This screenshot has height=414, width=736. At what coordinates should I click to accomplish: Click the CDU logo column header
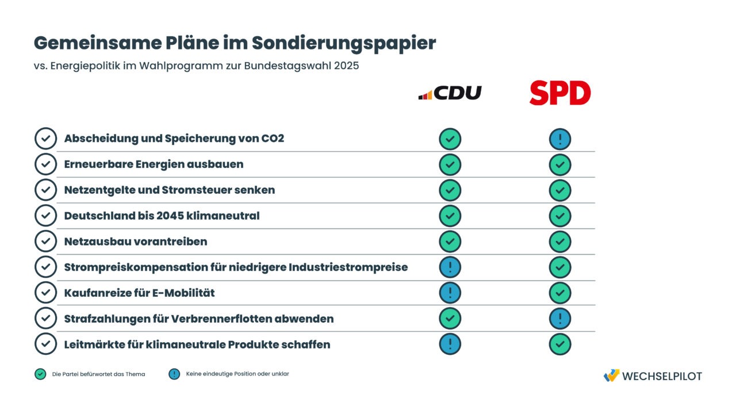click(x=450, y=93)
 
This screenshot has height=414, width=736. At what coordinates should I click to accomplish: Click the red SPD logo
click(x=559, y=93)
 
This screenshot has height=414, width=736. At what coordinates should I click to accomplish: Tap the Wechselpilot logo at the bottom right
click(x=653, y=376)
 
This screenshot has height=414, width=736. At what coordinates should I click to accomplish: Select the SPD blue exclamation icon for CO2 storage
click(x=559, y=139)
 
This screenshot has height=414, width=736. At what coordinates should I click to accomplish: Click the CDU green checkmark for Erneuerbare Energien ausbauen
click(x=450, y=164)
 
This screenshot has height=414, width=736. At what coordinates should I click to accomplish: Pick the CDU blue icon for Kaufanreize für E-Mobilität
click(x=450, y=293)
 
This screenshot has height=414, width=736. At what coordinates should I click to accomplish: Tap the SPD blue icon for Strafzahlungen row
click(x=559, y=319)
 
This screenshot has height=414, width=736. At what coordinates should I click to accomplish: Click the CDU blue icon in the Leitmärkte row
click(x=450, y=344)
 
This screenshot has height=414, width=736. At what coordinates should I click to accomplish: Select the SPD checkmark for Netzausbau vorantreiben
click(x=559, y=241)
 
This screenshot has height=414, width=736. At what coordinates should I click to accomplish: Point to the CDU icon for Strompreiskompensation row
click(x=450, y=267)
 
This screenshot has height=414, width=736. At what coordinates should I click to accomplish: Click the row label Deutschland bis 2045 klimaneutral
click(x=162, y=216)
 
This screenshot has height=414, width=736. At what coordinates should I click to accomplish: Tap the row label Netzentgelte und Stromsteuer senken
click(x=169, y=190)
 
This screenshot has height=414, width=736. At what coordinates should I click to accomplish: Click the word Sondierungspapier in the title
click(x=344, y=43)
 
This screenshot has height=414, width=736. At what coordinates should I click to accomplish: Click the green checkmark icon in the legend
click(x=40, y=374)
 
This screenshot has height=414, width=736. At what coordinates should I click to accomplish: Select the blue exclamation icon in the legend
click(x=174, y=374)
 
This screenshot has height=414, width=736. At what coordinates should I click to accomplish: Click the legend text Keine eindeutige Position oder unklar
click(x=237, y=374)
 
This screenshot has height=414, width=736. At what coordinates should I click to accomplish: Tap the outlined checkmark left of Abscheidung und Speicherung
click(x=45, y=139)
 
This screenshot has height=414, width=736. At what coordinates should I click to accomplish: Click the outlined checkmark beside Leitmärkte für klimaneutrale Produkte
click(x=45, y=344)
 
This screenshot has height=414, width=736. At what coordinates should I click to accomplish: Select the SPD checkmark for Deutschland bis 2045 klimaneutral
click(x=559, y=216)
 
